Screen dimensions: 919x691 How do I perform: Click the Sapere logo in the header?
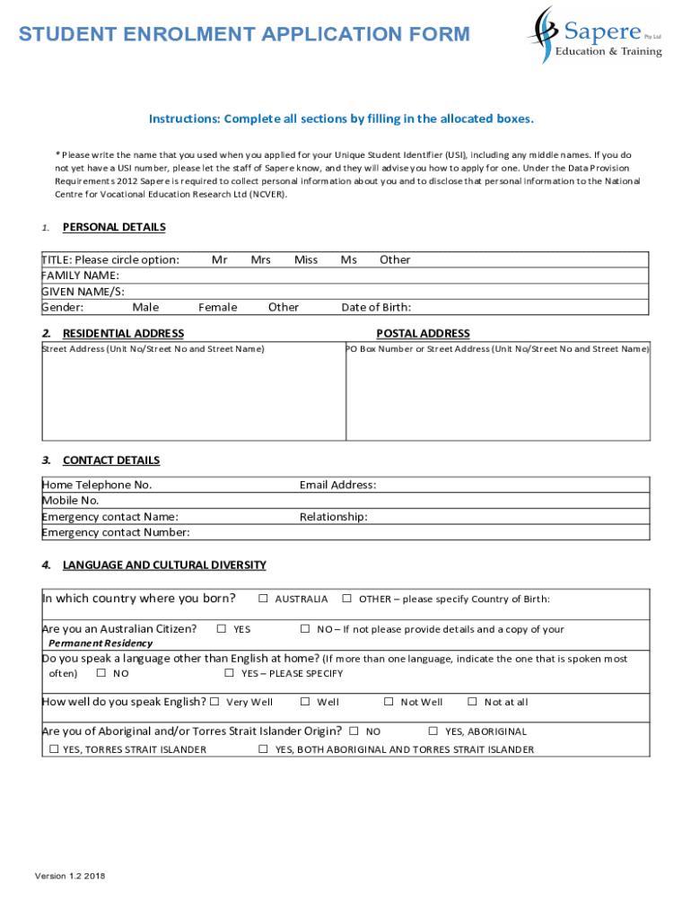tap(594, 34)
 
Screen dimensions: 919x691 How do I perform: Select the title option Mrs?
tap(260, 260)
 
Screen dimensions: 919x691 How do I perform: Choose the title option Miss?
tap(306, 260)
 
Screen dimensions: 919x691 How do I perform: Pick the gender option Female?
tap(218, 308)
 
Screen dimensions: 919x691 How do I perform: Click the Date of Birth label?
tap(376, 308)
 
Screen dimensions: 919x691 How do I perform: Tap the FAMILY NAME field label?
tap(81, 276)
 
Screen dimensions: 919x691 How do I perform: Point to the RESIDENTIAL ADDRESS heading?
tap(123, 334)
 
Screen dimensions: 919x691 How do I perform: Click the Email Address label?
tap(337, 486)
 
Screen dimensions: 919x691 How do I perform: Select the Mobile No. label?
tap(70, 501)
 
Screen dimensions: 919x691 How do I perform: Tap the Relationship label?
tap(333, 517)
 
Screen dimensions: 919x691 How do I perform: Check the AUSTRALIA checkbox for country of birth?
tap(264, 599)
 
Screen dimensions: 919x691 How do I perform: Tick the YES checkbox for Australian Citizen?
tap(223, 629)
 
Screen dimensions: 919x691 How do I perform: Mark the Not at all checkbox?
tap(473, 702)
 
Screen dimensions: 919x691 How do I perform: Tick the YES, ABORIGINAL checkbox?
tap(434, 731)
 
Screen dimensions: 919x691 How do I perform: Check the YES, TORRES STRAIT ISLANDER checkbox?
tap(54, 749)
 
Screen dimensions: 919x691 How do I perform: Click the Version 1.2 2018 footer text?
tap(69, 876)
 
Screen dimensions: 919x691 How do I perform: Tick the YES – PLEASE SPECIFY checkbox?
tap(230, 673)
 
